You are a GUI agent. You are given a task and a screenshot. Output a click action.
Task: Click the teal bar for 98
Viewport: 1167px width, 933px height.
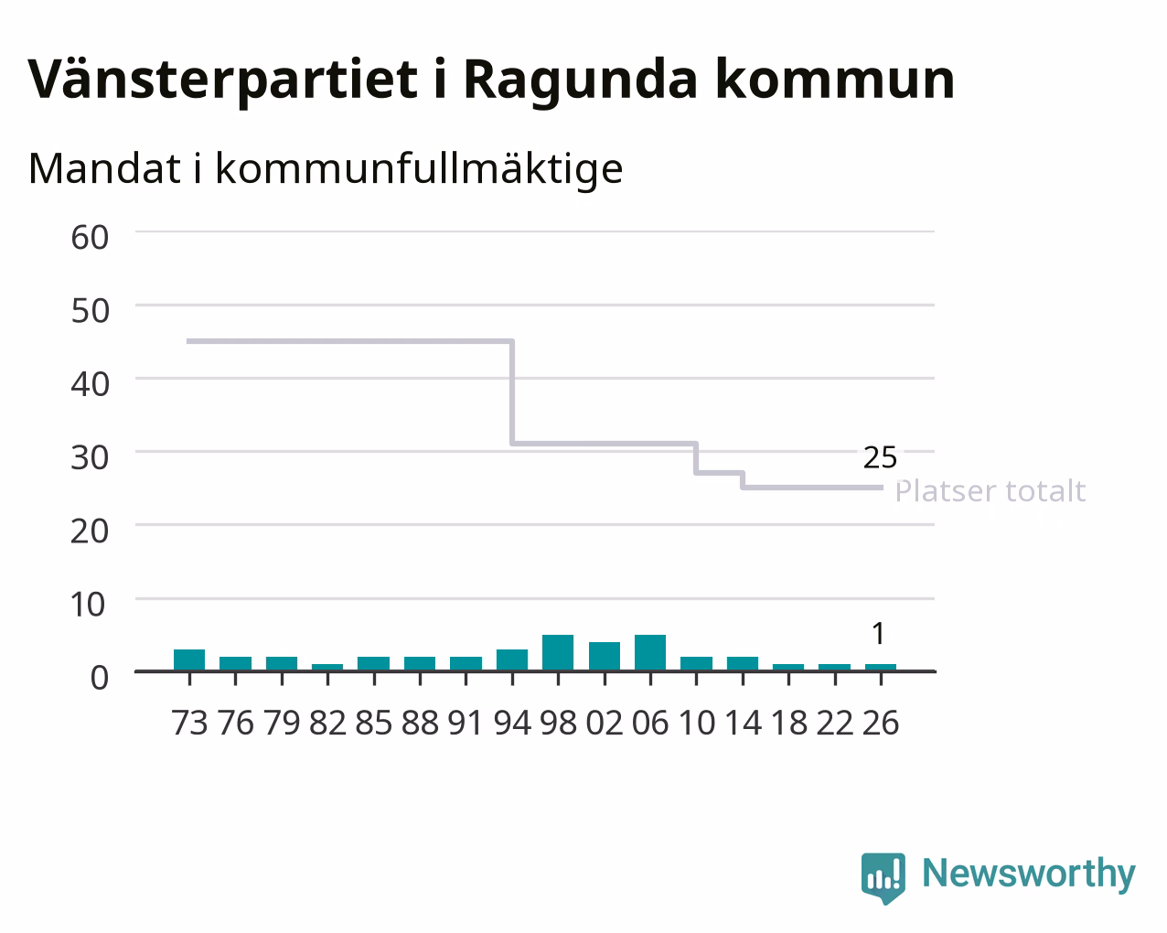click(x=558, y=652)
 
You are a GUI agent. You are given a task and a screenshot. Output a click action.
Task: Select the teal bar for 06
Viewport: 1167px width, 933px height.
click(x=650, y=652)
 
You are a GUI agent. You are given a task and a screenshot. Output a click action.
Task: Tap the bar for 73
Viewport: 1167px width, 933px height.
click(x=189, y=660)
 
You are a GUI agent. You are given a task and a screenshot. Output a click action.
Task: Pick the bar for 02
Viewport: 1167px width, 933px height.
click(x=605, y=657)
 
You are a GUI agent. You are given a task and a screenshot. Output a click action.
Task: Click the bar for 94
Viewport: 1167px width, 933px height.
click(x=512, y=660)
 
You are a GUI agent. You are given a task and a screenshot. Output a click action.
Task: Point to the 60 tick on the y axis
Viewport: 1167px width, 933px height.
click(x=90, y=238)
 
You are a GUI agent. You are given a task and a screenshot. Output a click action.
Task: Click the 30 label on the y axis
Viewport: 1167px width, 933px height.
click(x=90, y=458)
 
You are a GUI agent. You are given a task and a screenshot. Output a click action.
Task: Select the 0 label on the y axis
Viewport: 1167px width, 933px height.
click(x=100, y=678)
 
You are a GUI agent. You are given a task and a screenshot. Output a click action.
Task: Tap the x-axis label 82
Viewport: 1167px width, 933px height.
click(x=327, y=723)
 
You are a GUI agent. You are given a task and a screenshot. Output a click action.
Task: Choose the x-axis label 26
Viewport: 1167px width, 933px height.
click(x=881, y=723)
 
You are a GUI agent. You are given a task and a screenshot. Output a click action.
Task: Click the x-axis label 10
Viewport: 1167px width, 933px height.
click(x=696, y=723)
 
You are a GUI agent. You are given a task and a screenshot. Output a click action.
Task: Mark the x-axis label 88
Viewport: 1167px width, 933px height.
click(x=420, y=723)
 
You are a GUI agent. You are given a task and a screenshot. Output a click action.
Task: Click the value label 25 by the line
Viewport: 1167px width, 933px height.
click(x=880, y=457)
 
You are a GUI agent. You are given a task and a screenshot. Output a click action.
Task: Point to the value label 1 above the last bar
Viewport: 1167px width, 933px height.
click(x=879, y=633)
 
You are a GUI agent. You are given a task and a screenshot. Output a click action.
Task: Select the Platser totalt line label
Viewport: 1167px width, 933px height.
click(x=990, y=491)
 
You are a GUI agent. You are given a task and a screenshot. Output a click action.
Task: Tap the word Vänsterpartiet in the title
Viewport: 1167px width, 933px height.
click(x=222, y=80)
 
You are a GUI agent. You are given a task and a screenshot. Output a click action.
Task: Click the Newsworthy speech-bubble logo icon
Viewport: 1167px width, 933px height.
click(x=883, y=877)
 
